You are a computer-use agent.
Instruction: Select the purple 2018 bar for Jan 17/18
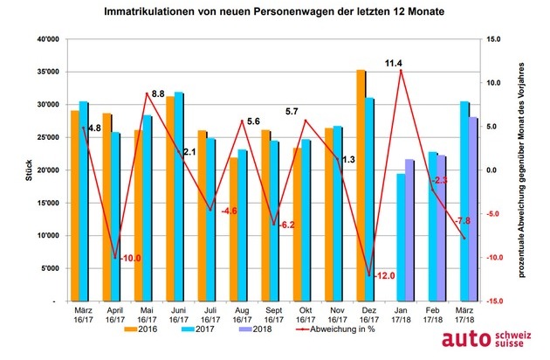409,230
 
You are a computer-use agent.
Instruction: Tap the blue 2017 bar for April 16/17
115,216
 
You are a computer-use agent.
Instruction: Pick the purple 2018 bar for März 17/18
474,209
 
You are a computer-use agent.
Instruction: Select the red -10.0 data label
130,259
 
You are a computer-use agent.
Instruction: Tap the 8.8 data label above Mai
157,93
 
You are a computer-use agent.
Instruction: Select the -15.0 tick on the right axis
494,301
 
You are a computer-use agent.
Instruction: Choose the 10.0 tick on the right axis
494,83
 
